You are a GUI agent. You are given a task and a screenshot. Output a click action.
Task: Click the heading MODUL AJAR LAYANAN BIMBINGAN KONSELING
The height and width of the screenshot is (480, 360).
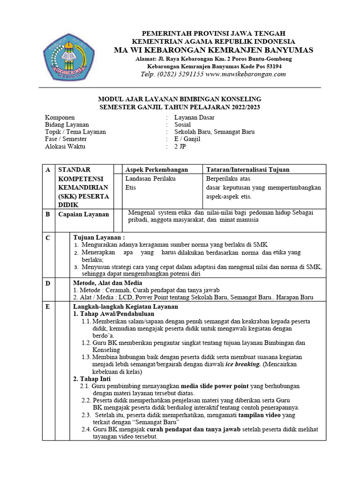[179, 99]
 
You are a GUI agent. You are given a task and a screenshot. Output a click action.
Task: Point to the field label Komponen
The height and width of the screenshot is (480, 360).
[60, 117]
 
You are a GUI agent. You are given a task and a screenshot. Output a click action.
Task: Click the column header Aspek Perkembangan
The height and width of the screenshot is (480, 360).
[157, 170]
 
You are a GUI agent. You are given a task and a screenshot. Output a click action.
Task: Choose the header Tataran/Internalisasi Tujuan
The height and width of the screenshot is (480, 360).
[248, 170]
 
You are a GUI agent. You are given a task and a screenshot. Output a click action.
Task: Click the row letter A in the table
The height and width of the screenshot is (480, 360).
[47, 170]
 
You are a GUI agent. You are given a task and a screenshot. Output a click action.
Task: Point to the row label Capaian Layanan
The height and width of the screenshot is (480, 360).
[83, 214]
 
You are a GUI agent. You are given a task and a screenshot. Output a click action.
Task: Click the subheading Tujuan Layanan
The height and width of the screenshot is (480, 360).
[99, 238]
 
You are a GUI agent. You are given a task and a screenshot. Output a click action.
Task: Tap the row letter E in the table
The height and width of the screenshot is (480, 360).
[47, 307]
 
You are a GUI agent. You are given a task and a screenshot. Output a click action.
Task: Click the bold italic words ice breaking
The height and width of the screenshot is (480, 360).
[243, 364]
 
